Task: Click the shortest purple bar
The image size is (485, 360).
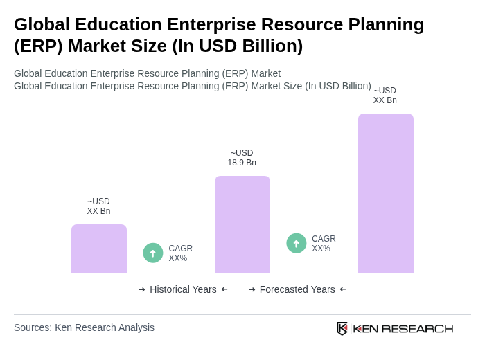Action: (99, 249)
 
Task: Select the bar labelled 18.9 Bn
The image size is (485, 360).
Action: (242, 224)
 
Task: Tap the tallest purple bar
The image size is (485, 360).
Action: (386, 193)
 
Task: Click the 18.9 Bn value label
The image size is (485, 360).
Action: (242, 158)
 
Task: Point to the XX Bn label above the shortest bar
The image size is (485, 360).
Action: (98, 206)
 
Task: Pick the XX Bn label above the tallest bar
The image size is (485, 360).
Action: (385, 96)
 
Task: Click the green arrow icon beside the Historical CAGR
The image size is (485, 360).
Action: (153, 253)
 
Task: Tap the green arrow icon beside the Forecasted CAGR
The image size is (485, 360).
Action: (297, 244)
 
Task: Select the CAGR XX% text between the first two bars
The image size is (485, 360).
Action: (181, 253)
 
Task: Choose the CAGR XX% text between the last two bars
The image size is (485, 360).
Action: (324, 244)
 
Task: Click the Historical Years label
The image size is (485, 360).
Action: (183, 289)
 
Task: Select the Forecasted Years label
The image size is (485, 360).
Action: (297, 289)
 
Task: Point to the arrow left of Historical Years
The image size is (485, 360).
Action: (142, 289)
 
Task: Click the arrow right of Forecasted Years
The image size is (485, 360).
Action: (343, 289)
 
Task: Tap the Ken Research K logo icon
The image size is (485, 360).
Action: (342, 328)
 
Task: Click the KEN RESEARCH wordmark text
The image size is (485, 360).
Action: (403, 328)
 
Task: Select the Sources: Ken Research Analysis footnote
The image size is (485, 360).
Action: (84, 327)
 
